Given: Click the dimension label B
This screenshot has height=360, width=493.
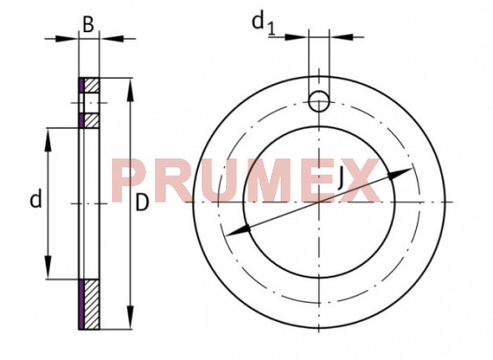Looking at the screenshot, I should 89,24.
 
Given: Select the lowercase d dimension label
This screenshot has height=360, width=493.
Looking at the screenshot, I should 35,199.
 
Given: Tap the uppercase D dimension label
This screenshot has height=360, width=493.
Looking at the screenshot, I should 142,203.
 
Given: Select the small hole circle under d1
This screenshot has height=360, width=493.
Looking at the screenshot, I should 319,100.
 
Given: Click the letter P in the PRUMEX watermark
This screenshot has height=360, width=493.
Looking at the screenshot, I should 131,181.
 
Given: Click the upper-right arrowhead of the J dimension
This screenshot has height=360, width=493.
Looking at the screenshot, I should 407,171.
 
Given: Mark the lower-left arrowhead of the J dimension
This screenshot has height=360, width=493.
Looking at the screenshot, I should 231,233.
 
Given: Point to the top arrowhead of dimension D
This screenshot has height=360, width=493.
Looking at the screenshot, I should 131,86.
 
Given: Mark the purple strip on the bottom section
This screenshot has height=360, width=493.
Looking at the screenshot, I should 81,304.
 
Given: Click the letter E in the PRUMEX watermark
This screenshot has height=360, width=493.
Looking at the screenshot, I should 313,181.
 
